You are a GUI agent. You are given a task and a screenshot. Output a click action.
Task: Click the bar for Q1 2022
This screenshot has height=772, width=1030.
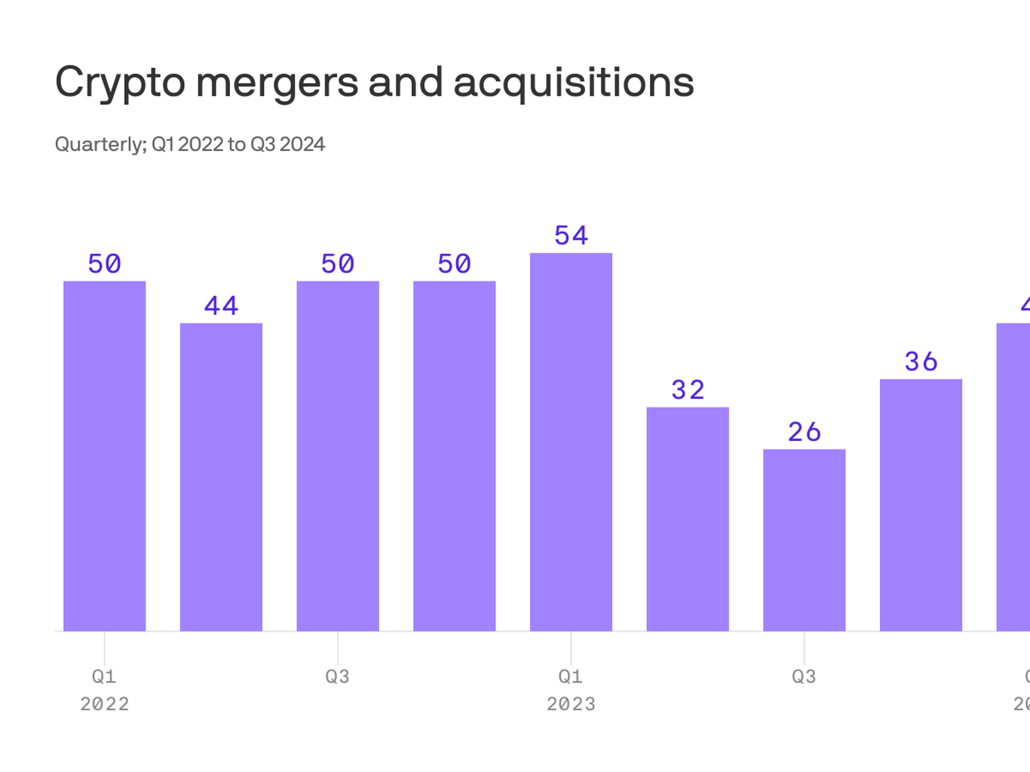104,456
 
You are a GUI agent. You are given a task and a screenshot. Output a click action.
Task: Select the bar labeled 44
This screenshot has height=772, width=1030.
221,477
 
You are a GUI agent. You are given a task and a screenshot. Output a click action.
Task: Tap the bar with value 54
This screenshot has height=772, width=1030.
571,442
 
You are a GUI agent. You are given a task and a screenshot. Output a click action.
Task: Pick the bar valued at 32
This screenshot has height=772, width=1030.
688,519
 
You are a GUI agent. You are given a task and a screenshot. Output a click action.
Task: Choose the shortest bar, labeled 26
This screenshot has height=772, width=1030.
804,540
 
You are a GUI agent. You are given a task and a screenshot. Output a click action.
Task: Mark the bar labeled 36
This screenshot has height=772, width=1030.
921,505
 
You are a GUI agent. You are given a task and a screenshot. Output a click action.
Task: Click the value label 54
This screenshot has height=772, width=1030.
571,236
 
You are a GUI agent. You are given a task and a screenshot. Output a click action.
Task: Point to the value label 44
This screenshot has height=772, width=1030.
221,306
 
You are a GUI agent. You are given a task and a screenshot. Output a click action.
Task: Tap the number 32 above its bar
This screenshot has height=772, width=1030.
688,390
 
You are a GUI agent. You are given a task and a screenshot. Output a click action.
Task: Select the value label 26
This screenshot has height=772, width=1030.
804,432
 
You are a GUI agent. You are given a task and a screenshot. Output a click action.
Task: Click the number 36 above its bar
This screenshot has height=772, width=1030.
921,362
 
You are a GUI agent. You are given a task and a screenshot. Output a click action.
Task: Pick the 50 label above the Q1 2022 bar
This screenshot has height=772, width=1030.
104,264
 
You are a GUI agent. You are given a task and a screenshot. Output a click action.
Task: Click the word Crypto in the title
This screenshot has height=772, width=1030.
120,82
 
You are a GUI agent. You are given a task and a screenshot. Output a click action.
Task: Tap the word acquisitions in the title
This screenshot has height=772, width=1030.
573,82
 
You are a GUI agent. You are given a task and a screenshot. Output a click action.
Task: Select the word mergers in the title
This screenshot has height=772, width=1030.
277,82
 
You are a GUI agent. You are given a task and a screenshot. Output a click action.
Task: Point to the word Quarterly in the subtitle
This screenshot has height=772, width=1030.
100,144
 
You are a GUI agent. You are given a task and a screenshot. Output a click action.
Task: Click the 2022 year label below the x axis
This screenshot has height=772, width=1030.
104,704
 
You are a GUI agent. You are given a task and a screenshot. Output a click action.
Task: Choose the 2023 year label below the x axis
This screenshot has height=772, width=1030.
571,704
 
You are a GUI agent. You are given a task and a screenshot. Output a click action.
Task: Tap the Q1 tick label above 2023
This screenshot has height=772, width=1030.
571,676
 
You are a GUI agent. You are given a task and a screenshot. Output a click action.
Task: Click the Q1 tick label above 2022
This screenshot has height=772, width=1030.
104,676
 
